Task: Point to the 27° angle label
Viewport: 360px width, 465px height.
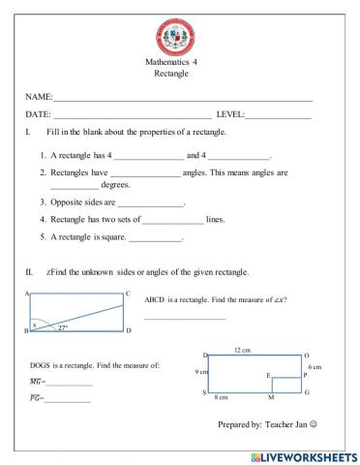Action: [63, 327]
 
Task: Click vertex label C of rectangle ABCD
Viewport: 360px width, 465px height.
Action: [128, 294]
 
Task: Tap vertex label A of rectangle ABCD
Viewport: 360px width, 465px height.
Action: [27, 294]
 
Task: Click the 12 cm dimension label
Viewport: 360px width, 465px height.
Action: [244, 349]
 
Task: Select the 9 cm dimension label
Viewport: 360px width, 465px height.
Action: [194, 371]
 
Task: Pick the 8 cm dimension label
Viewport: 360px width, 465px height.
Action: [220, 397]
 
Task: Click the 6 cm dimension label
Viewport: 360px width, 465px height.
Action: [315, 367]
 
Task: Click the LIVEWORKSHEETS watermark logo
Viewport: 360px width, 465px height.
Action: [302, 455]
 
